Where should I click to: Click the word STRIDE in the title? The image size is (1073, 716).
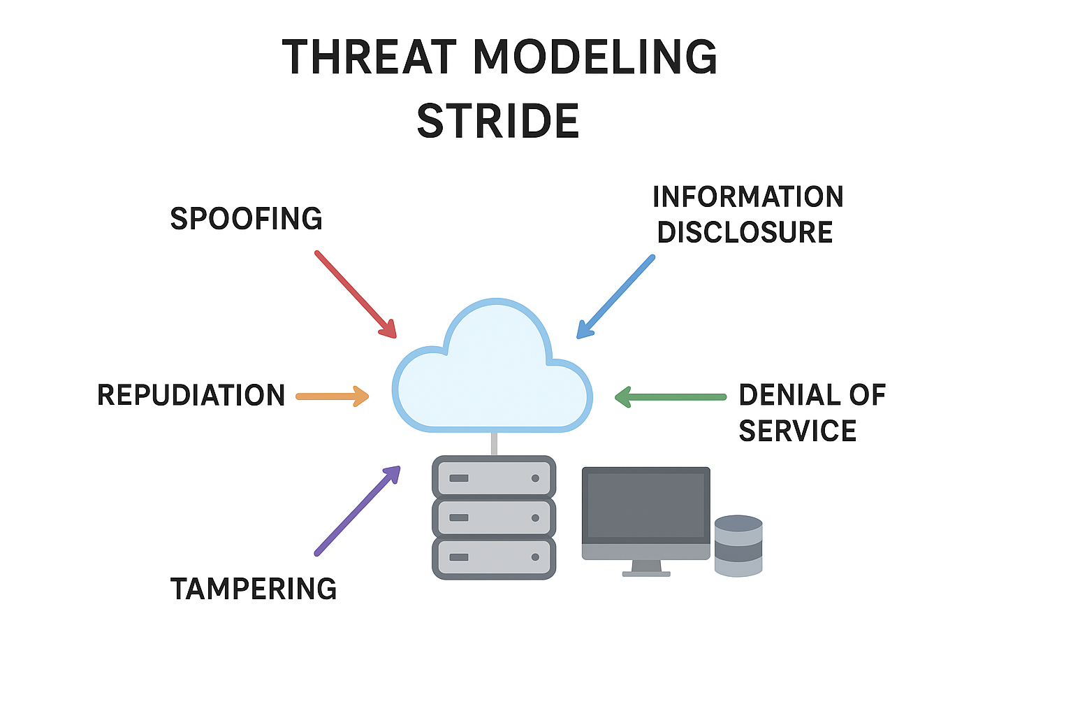point(498,121)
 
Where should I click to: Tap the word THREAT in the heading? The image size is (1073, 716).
point(370,57)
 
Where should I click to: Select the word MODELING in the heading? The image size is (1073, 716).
point(594,57)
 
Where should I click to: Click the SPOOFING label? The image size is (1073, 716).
point(246,219)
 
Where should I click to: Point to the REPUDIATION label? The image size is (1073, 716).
point(191,396)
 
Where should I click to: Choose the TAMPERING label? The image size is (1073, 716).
point(254,589)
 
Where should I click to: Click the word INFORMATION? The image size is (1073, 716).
point(748,197)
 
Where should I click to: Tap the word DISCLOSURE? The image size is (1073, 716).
point(745,233)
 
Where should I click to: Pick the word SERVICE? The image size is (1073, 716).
point(797,431)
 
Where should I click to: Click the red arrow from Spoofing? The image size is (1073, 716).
point(355,294)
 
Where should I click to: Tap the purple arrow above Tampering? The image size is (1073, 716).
point(357,511)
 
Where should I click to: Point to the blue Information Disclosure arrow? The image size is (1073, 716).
point(616,296)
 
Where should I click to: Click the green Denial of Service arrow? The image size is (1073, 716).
point(670,397)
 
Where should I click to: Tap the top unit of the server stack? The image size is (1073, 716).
point(494,478)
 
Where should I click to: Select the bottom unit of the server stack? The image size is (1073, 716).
point(494,557)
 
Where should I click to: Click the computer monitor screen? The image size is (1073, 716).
point(645,505)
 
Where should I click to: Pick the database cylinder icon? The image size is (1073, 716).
point(738,546)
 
